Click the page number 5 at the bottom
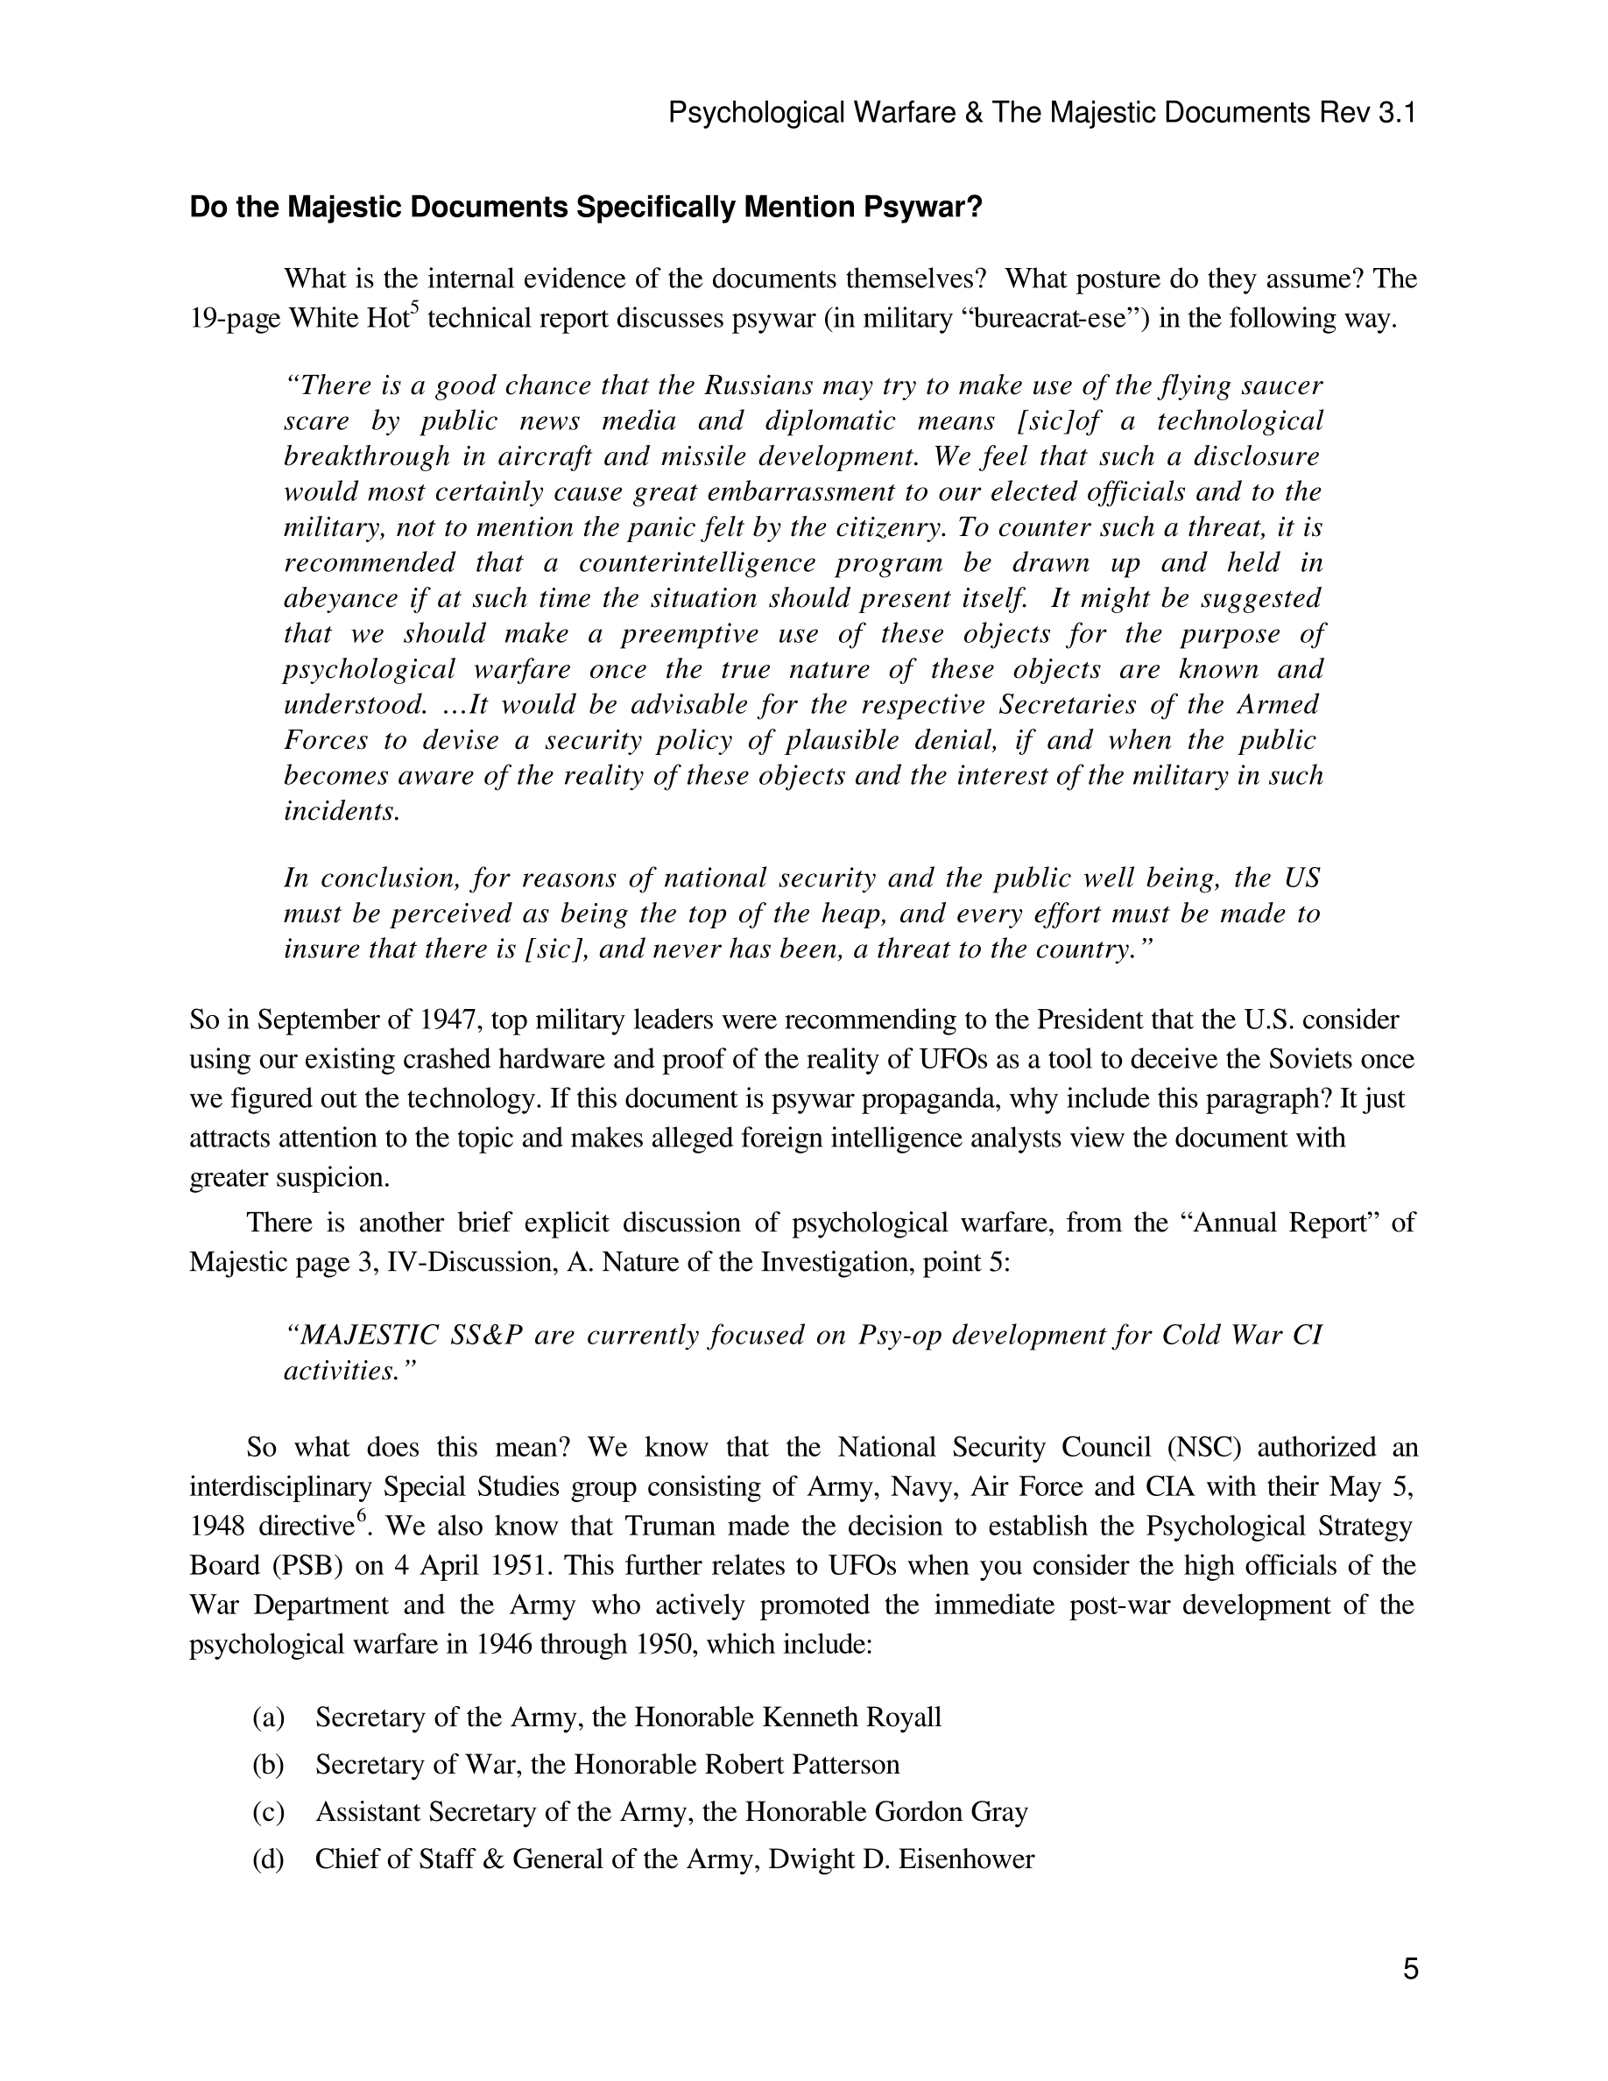pyautogui.click(x=1410, y=1969)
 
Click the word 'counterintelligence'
pyautogui.click(x=696, y=563)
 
